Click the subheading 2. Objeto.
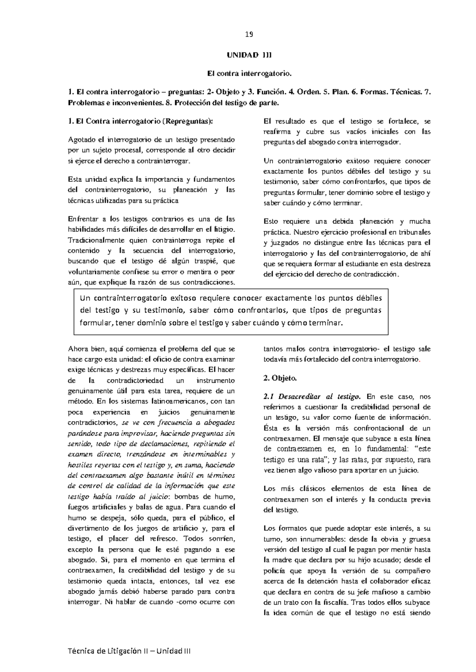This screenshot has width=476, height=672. coord(280,378)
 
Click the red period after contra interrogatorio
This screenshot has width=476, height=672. coord(420,360)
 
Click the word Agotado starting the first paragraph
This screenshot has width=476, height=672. coord(81,140)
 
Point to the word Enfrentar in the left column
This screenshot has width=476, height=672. coord(82,219)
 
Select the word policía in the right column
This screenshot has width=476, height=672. coord(274,571)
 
